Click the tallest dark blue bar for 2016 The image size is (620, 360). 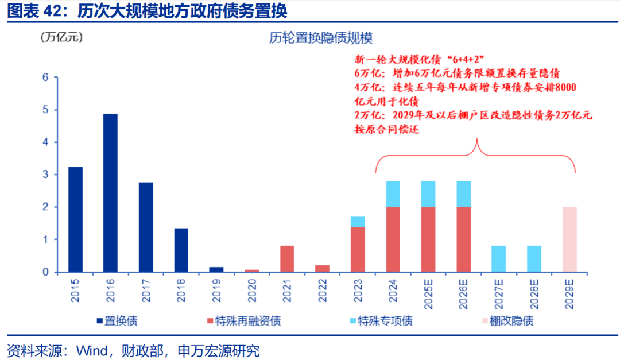point(110,192)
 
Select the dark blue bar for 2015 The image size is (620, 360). point(75,219)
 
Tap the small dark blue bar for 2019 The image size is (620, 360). point(216,269)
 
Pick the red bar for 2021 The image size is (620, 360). point(287,258)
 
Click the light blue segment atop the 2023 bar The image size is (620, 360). point(358,222)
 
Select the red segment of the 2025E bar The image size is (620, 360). point(428,239)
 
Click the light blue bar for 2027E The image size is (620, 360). point(499,258)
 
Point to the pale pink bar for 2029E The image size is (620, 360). point(569,239)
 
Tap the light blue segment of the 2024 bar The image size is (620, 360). point(393,194)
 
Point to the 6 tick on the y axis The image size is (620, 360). point(45,78)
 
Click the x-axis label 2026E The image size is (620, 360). point(464,293)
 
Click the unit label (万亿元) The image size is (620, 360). point(61,38)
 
